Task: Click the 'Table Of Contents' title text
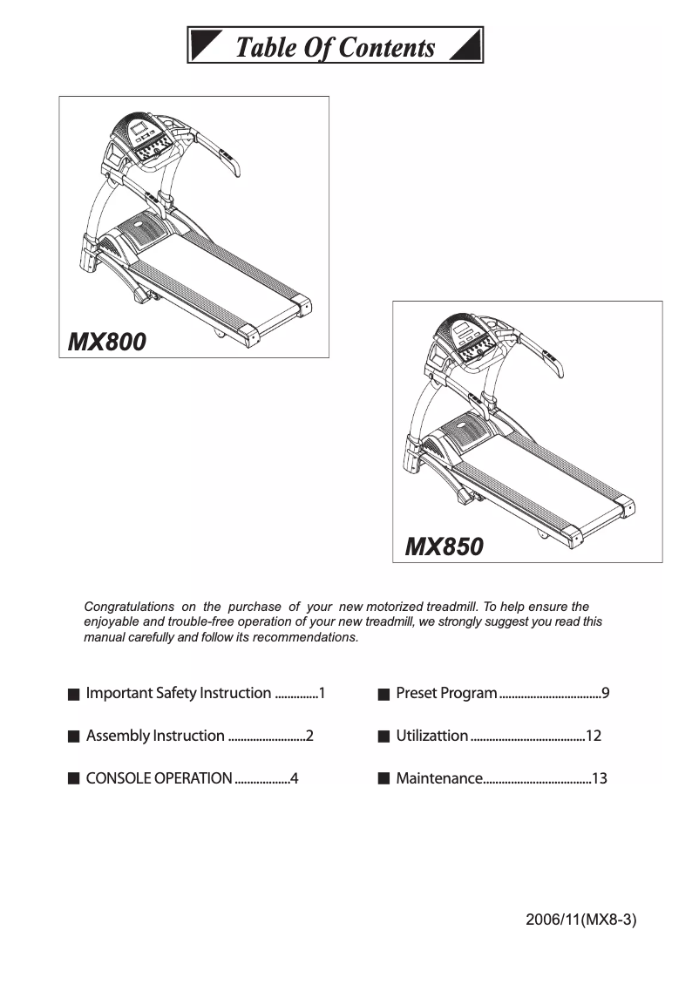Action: pos(336,46)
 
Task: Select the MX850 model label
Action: pos(444,546)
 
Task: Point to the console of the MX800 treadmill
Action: pos(146,139)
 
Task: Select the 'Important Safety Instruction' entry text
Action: pos(179,694)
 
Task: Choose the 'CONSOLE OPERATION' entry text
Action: pos(159,778)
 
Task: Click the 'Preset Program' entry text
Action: pos(446,694)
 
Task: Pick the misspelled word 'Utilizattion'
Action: pos(431,736)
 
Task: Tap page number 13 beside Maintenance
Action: pos(599,778)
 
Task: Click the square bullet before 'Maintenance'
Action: pos(383,778)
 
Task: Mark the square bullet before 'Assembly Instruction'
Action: pos(73,736)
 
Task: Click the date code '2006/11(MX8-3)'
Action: pos(581,920)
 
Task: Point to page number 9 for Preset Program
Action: pos(605,694)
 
